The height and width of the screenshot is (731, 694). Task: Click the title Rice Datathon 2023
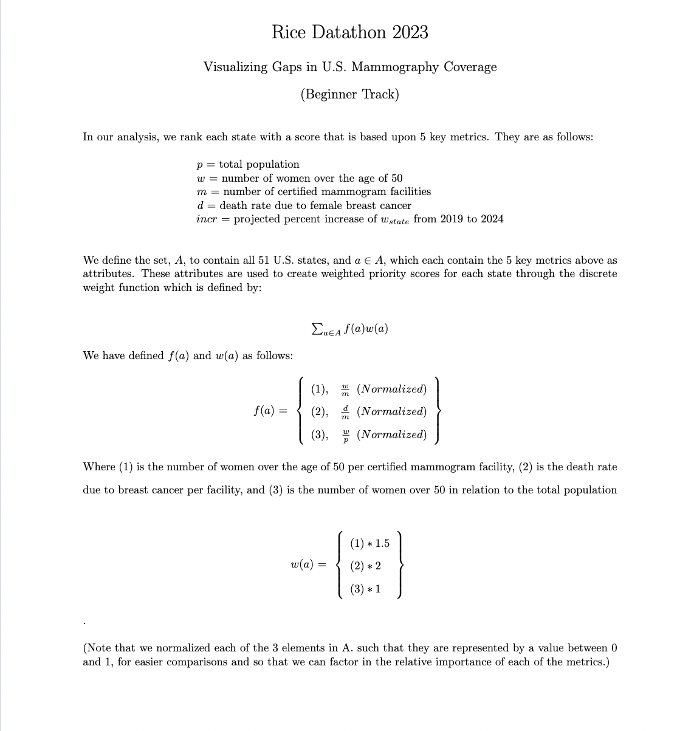pos(349,32)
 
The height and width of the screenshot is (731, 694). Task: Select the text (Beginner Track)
pos(349,94)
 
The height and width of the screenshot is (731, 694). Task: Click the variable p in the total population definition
pos(199,165)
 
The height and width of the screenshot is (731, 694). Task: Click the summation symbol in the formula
pos(317,329)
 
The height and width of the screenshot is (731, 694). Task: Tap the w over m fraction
pos(345,389)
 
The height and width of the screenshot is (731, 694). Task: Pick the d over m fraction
pos(345,412)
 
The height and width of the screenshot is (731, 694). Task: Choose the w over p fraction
pos(345,435)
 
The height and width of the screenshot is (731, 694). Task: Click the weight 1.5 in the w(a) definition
pos(382,543)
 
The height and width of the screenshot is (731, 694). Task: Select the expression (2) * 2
pos(366,566)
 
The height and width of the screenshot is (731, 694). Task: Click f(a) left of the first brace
pos(264,411)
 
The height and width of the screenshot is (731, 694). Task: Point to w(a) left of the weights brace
pos(303,565)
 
